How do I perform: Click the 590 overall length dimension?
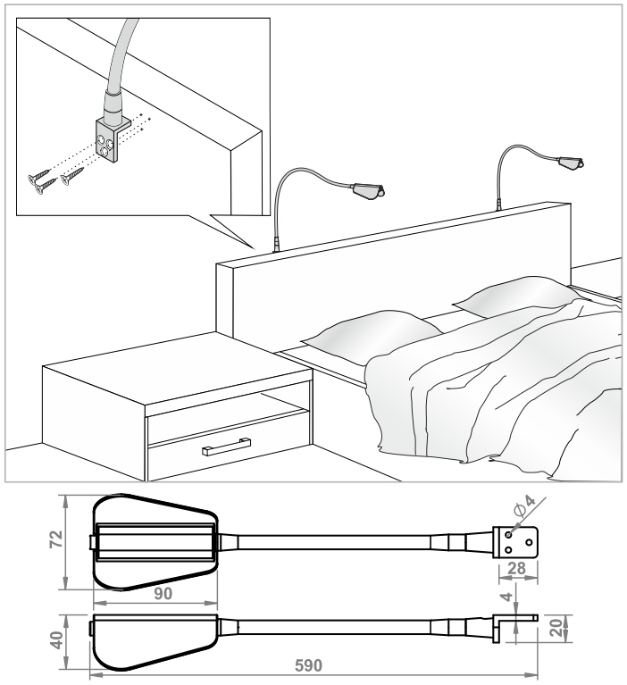[x=308, y=665]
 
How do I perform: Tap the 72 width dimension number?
[x=57, y=539]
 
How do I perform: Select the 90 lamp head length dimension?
[x=163, y=594]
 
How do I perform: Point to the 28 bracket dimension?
[x=516, y=568]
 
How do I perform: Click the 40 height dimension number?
[x=57, y=640]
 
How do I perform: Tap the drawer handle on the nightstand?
[x=226, y=445]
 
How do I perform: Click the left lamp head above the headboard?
[x=369, y=191]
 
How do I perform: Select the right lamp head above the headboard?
[x=571, y=162]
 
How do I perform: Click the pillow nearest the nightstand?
[x=372, y=335]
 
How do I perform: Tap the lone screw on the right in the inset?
[x=72, y=177]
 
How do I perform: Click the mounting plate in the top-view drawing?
[x=515, y=542]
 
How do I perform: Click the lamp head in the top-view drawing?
[x=155, y=542]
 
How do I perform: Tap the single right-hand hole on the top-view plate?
[x=529, y=542]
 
